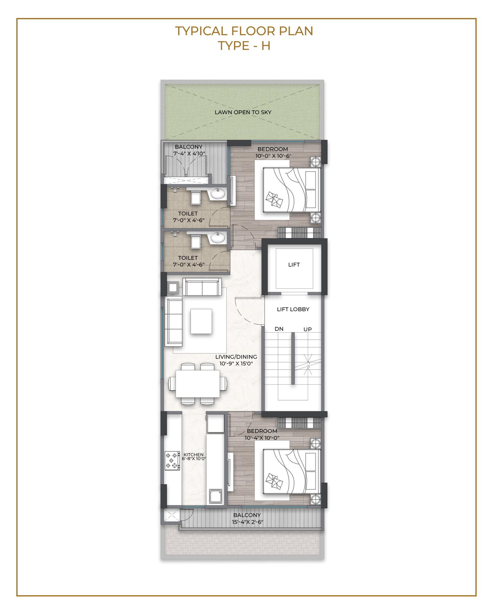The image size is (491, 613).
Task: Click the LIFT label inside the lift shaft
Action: [294, 265]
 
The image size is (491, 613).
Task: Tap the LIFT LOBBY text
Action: [293, 309]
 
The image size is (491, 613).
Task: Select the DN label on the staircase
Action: [279, 329]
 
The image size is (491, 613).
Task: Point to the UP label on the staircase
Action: [307, 329]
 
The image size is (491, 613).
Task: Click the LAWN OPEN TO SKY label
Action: [243, 112]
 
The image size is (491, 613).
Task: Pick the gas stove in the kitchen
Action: [172, 460]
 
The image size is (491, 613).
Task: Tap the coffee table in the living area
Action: [201, 321]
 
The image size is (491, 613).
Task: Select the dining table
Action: [198, 383]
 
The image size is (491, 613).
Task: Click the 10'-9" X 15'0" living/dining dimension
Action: [236, 364]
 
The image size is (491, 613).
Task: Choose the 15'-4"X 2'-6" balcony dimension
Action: [247, 522]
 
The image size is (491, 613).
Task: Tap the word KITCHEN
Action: [193, 455]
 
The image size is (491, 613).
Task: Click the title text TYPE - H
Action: [244, 46]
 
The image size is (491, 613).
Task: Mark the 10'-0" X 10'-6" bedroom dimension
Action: [273, 156]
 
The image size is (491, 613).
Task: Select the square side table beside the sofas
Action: [173, 287]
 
